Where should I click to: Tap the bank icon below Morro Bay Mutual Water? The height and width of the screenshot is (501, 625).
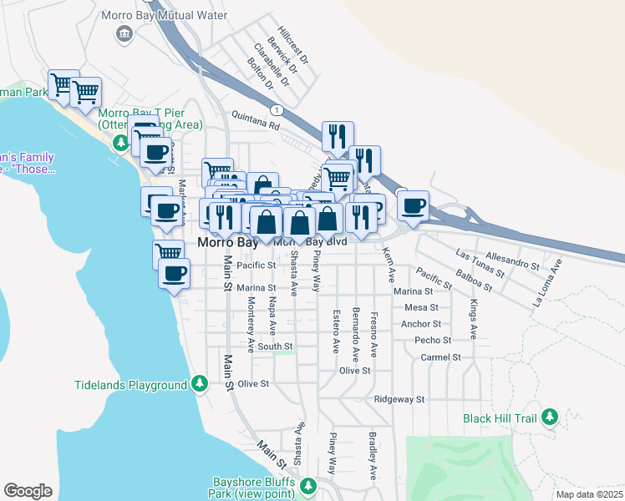tap(124, 33)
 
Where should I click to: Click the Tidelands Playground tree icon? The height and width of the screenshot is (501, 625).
tap(199, 384)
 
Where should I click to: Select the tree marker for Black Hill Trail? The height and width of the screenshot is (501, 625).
tap(549, 416)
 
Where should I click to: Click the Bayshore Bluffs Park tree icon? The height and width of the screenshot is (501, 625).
tap(307, 485)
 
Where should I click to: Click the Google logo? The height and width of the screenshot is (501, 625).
tap(28, 490)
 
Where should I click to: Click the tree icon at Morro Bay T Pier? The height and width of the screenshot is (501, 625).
tap(120, 144)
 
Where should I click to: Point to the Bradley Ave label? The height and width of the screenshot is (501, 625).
tap(370, 456)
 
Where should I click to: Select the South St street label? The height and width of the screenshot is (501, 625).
tap(275, 346)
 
